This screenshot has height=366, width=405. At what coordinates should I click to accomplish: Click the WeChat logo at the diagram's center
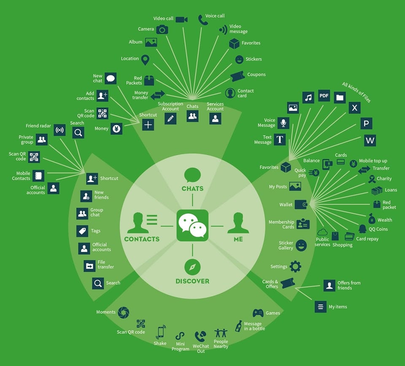(192, 225)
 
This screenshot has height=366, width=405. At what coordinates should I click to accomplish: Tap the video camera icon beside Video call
(181, 20)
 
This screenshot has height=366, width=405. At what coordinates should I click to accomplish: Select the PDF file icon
(324, 96)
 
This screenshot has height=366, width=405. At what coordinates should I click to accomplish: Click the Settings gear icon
(295, 267)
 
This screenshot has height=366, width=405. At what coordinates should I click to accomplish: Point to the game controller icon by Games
(258, 313)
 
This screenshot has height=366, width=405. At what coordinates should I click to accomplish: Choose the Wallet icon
(301, 205)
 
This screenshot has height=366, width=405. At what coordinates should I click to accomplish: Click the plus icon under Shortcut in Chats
(148, 125)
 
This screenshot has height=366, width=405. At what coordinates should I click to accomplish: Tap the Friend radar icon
(59, 130)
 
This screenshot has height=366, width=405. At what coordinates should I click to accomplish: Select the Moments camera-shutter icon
(124, 313)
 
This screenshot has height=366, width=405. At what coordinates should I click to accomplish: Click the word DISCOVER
(192, 281)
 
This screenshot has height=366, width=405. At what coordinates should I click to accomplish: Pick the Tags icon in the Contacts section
(82, 231)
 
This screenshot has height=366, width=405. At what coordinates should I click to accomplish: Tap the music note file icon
(308, 97)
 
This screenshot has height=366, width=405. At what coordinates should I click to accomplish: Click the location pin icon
(146, 60)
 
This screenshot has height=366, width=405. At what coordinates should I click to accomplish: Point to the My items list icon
(321, 307)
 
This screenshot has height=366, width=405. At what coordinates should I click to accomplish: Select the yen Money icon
(116, 128)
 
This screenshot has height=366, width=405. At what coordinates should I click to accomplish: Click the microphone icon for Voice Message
(283, 123)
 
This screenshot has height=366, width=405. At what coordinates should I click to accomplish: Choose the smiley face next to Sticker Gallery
(301, 245)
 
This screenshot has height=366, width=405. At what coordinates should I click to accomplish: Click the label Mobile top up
(373, 161)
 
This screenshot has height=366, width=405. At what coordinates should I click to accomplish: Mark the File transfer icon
(89, 266)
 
